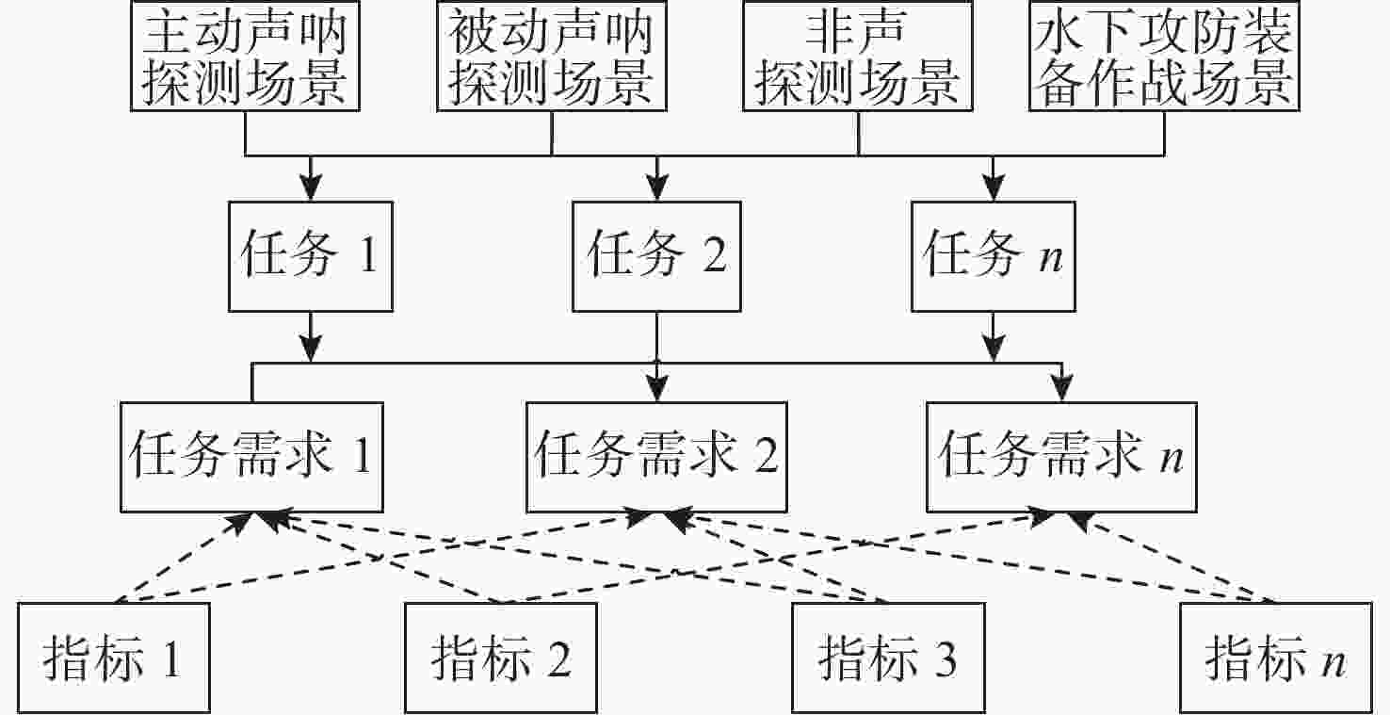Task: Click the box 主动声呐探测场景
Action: (x=245, y=57)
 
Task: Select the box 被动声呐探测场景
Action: (x=551, y=57)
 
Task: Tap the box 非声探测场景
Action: (x=858, y=57)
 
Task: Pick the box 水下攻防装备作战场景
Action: (x=1164, y=57)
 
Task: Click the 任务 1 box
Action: (x=309, y=255)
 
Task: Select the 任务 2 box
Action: (x=656, y=255)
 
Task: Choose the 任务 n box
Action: (x=993, y=255)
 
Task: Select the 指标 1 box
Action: (x=113, y=658)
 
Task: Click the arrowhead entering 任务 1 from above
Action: (x=309, y=187)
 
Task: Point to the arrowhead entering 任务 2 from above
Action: (x=656, y=187)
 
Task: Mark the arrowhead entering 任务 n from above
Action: (x=993, y=187)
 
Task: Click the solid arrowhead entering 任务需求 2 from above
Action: (x=656, y=390)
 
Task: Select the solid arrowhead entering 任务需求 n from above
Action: (x=1061, y=390)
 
